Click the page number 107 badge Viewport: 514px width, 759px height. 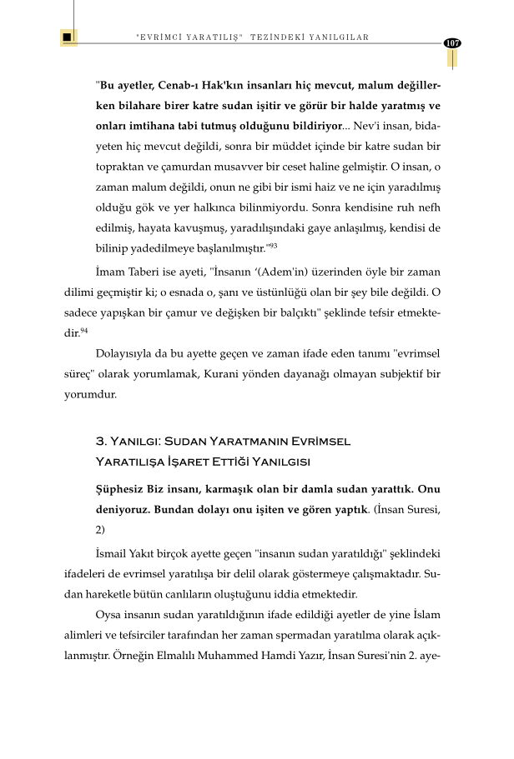pyautogui.click(x=453, y=42)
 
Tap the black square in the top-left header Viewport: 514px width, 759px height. pyautogui.click(x=67, y=37)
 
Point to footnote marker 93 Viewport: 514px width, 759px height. pyautogui.click(x=272, y=246)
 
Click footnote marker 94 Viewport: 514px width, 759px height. pyautogui.click(x=84, y=332)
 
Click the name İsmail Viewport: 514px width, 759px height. pyautogui.click(x=113, y=553)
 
